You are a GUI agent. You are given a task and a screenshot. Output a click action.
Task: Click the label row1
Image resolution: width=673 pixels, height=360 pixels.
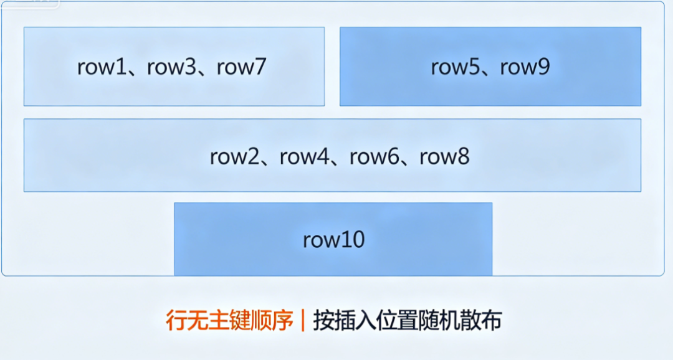pos(101,67)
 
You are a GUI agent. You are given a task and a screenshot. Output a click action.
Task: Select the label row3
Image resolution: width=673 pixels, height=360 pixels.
pos(171,67)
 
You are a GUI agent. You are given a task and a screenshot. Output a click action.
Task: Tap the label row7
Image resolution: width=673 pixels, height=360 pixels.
pos(241,67)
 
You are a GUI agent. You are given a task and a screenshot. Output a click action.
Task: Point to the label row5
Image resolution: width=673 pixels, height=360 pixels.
pos(454,67)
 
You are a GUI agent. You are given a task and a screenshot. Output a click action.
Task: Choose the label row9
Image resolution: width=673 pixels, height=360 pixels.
pos(525,67)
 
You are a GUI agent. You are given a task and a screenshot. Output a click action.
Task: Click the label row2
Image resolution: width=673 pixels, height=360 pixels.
pos(234,157)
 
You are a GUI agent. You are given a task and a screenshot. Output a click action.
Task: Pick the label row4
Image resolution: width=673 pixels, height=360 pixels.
pos(303,157)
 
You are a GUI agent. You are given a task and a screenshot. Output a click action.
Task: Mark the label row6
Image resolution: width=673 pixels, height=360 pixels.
pos(373,157)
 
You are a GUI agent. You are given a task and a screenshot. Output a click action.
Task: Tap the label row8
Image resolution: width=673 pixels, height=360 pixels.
pos(444,157)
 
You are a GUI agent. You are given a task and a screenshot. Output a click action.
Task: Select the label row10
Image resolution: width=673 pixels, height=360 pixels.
pos(333,240)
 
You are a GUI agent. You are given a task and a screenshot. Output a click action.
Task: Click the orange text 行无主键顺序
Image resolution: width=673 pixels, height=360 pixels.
pos(229,320)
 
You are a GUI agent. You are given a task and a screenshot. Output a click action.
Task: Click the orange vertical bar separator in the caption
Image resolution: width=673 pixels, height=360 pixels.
pos(302,320)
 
